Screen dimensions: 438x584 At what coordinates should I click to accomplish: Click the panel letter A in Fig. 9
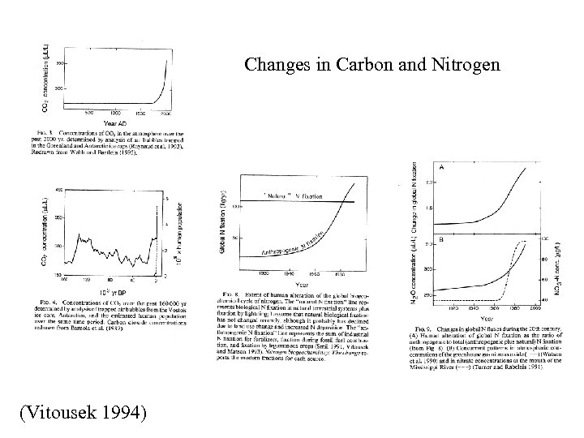pos(442,168)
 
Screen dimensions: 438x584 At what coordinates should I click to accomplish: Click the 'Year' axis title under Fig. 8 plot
pos(302,285)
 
